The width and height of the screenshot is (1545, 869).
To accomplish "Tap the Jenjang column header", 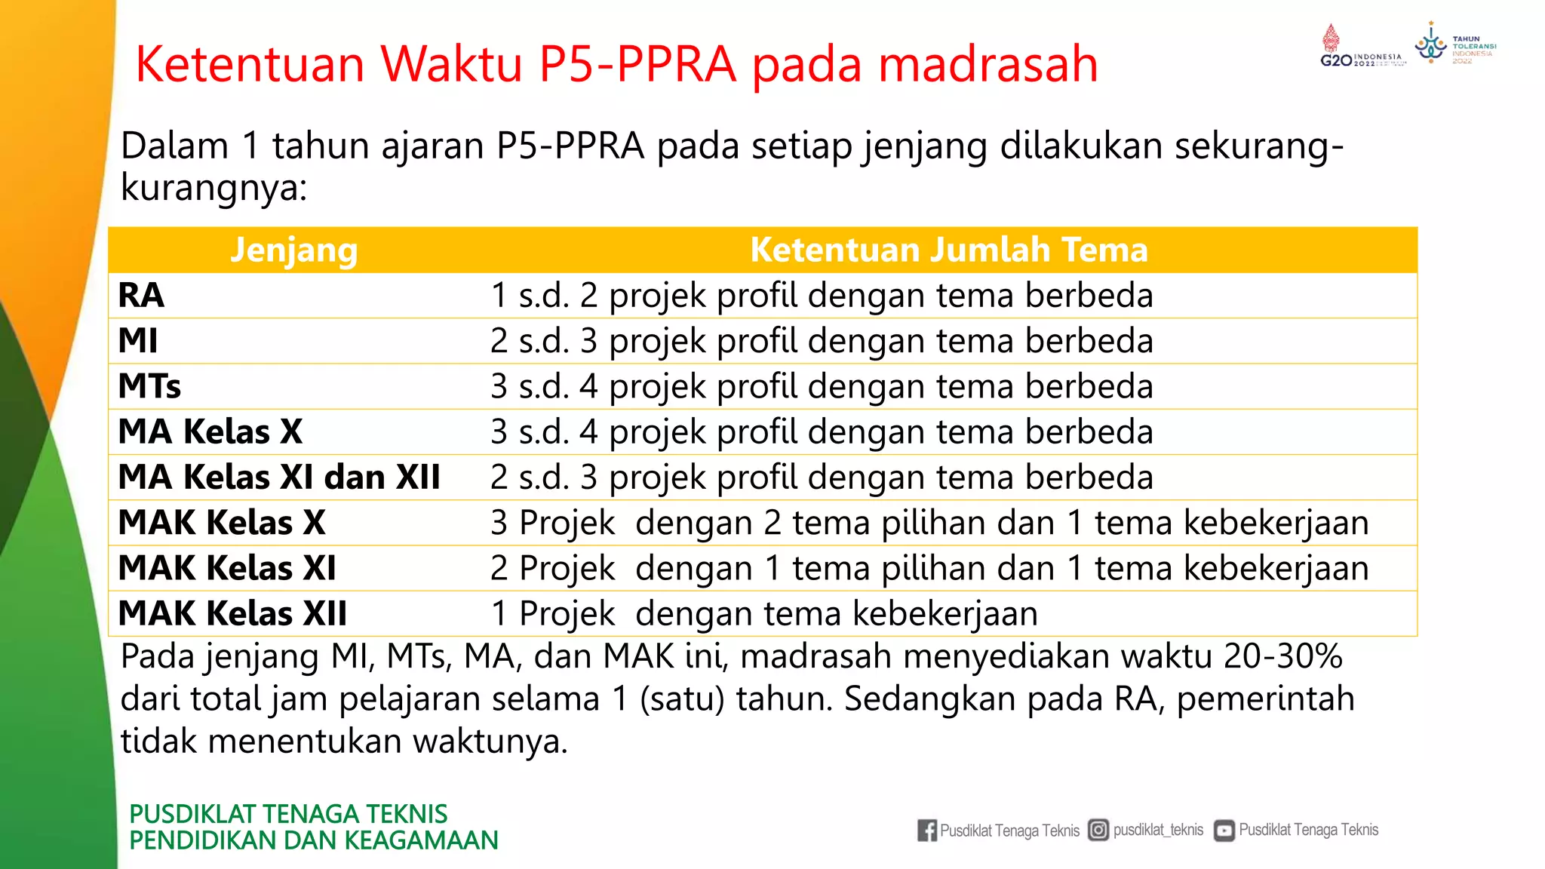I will pos(293,250).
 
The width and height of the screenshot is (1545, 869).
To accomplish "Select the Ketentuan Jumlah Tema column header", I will pos(948,250).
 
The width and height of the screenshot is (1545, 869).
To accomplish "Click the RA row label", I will pos(141,295).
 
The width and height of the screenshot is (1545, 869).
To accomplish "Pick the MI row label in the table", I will pos(138,341).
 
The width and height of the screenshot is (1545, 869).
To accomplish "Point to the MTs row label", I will pos(149,386).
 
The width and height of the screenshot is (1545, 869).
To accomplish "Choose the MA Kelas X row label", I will pos(210,431).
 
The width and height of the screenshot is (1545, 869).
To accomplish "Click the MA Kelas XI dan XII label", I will pos(279,477).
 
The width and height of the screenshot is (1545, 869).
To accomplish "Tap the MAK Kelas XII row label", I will pos(232,613).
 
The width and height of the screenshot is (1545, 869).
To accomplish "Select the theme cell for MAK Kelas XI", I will pos(929,568).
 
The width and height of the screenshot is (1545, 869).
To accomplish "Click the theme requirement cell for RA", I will pos(822,295).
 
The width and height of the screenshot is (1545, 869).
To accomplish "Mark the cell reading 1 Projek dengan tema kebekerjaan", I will pos(763,613).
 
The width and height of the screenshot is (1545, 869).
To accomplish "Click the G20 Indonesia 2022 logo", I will pos(1362,49).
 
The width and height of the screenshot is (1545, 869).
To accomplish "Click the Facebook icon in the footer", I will pos(927,831).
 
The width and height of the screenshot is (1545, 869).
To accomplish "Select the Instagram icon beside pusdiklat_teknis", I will pos(1098,830).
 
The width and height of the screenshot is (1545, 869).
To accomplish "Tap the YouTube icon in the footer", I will pos(1224,831).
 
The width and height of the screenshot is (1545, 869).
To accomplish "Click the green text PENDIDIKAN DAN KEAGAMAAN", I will pos(314,840).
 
